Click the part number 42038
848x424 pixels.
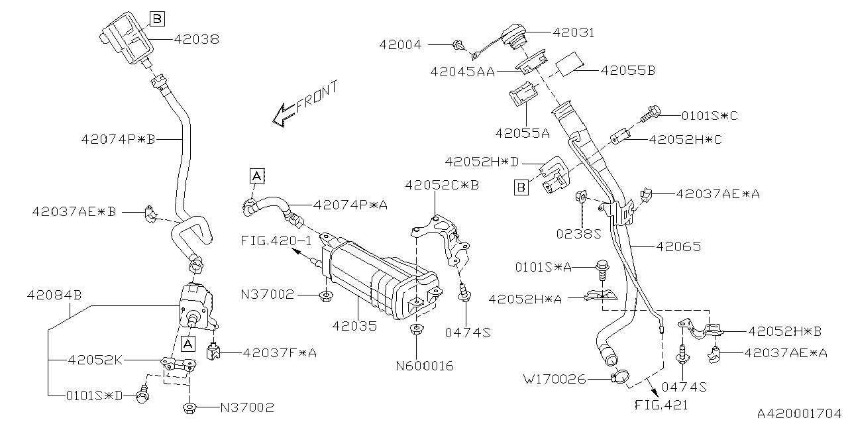[x=197, y=39]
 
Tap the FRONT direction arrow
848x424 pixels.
[x=284, y=115]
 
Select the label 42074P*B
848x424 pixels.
[x=118, y=139]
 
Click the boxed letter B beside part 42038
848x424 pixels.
[x=157, y=19]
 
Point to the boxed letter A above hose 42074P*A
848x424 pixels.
[x=256, y=176]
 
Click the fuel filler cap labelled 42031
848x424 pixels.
[x=515, y=37]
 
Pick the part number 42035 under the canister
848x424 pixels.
[x=354, y=326]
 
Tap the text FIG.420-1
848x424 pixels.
[x=276, y=240]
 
